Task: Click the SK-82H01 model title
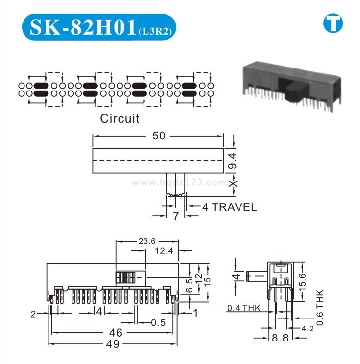83,27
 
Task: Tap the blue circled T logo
333,23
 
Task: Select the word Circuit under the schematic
120,118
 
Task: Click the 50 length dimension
159,136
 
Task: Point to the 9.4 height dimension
233,160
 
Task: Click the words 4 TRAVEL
229,207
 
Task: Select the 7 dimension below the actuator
176,216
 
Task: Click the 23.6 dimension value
147,241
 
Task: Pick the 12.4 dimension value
164,250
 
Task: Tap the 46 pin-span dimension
116,333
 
